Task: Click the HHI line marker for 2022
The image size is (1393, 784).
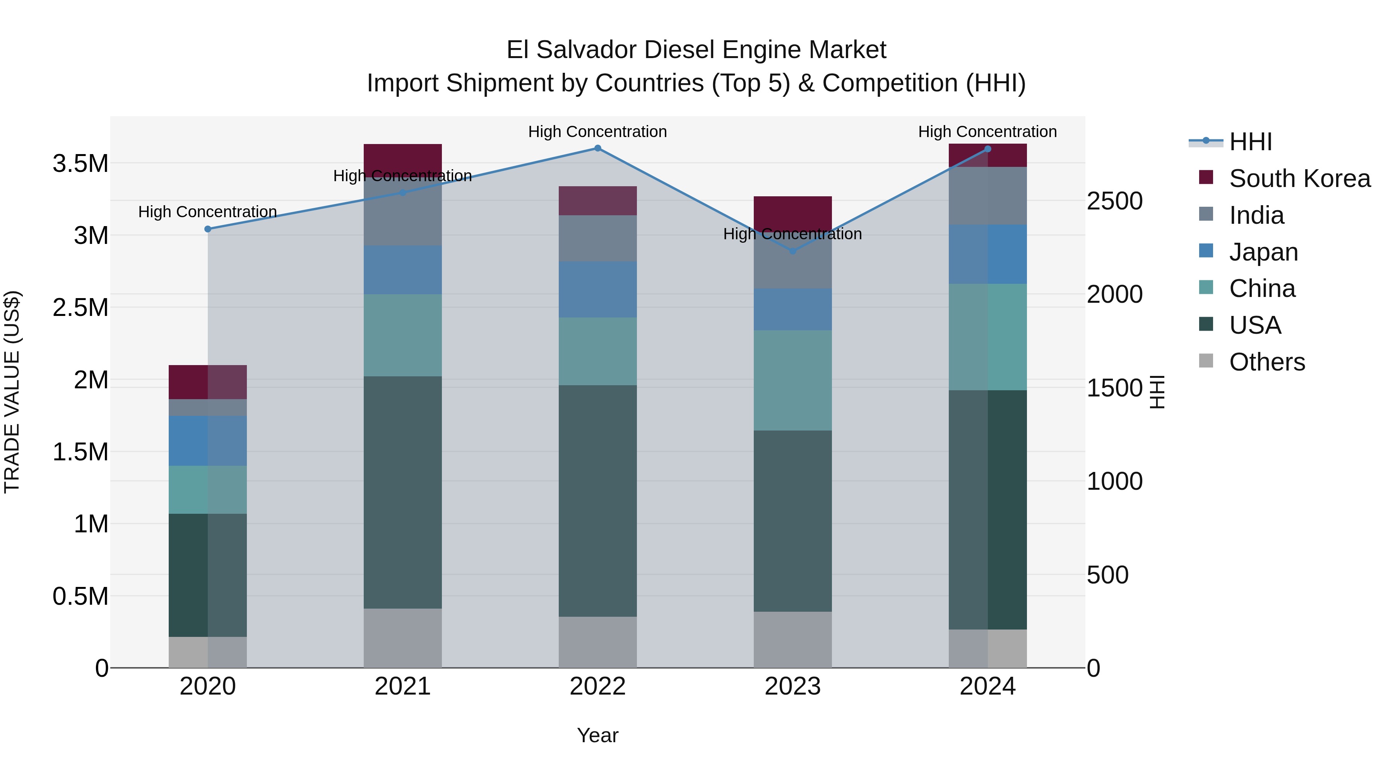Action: pos(597,148)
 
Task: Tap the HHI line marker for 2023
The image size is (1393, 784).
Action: pos(793,251)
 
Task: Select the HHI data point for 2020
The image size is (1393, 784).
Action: pos(208,229)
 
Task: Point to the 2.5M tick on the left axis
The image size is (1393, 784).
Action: pos(80,307)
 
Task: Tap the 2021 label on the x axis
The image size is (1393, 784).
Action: pos(402,686)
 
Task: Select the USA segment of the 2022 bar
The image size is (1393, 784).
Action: pos(597,501)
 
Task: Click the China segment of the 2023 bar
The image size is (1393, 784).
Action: pos(793,380)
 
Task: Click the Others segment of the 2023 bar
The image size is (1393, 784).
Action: pos(793,640)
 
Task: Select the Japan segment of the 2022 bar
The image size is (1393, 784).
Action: pos(597,290)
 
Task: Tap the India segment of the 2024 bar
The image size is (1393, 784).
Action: pos(987,196)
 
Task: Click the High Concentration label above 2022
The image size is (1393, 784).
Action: pos(597,132)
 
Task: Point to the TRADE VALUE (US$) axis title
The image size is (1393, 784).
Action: pos(12,392)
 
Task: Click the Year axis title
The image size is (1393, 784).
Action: pos(597,735)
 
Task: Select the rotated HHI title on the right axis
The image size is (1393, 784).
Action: pos(1157,392)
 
